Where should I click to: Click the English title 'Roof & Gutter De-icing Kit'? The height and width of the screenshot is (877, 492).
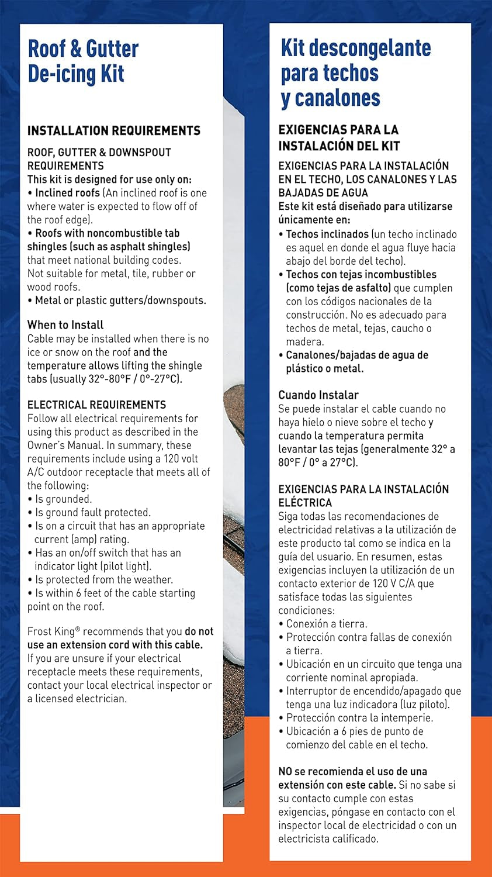tap(83, 61)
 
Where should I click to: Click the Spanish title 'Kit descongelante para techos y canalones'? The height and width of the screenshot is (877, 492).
tap(355, 73)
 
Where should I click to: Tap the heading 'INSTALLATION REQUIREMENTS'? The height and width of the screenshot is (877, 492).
tap(114, 130)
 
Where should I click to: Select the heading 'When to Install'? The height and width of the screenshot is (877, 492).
tap(65, 325)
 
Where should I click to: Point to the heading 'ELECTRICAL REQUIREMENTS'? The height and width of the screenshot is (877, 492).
tap(96, 405)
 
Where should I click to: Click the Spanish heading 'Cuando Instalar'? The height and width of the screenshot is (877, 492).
tap(318, 395)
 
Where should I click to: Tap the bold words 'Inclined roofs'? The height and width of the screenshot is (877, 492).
tap(67, 193)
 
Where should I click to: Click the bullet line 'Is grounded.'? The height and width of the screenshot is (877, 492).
tap(63, 499)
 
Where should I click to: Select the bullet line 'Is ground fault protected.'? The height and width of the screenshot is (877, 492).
tap(92, 513)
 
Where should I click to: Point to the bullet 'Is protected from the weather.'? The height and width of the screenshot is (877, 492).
tap(103, 580)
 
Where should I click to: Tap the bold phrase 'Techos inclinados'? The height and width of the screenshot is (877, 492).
tap(327, 234)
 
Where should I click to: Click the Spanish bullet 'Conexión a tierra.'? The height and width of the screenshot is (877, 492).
tap(326, 624)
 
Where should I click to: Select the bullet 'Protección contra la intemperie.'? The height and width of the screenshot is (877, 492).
tap(359, 718)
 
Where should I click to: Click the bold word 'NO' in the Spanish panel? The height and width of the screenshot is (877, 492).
tap(285, 772)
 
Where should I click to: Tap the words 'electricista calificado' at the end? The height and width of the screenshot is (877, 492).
tap(328, 839)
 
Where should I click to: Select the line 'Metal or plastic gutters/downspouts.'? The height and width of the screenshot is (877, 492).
tap(120, 301)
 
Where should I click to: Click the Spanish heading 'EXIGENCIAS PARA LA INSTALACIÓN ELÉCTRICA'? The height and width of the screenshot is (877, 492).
tap(363, 496)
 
